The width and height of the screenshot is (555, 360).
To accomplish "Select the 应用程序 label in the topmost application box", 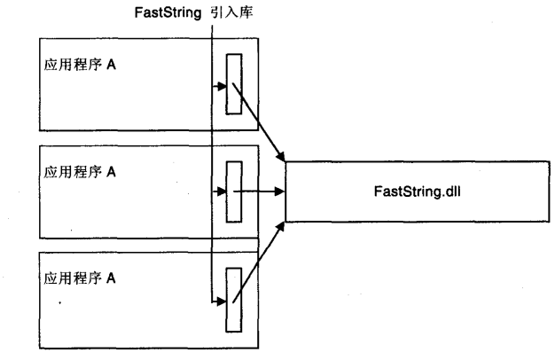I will point(72,67).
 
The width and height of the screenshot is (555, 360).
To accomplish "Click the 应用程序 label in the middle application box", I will point(72,173).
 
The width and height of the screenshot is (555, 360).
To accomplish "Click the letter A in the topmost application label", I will point(111,67).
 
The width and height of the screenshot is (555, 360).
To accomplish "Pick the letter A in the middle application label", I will point(111,173).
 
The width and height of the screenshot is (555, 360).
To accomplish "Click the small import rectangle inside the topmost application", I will point(234,84).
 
